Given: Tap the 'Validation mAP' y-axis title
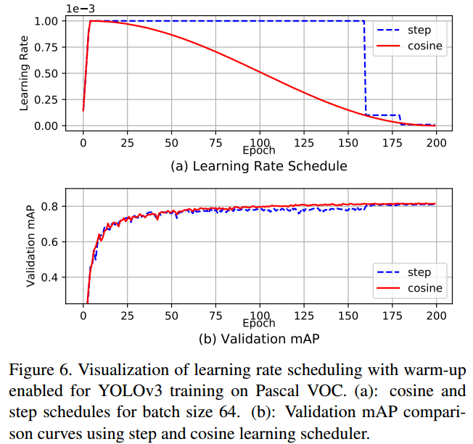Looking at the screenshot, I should click(x=30, y=247).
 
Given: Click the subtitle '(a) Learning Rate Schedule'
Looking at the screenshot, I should click(x=258, y=166).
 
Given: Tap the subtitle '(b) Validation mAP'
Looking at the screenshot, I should click(x=258, y=338).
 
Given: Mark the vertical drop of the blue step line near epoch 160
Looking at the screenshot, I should click(x=365, y=69).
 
